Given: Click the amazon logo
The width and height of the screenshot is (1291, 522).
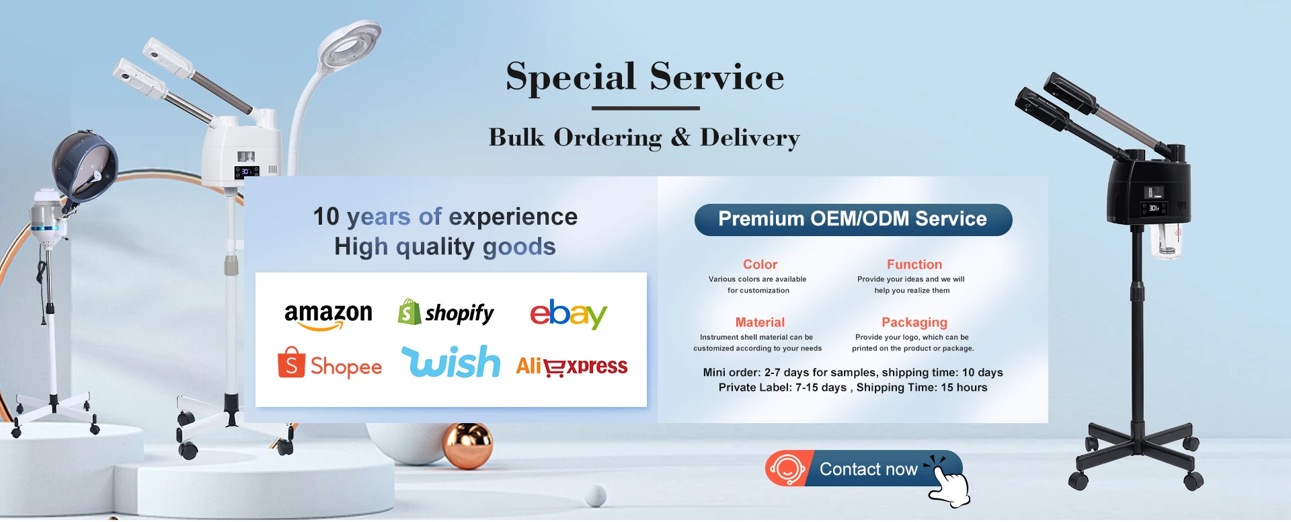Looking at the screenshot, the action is pyautogui.click(x=328, y=315).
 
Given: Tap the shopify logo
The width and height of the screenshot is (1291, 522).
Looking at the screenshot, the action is pyautogui.click(x=446, y=312).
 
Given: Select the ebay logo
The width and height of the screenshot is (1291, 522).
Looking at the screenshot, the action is pyautogui.click(x=568, y=313).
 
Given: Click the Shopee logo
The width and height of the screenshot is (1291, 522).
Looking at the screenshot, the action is pyautogui.click(x=329, y=363).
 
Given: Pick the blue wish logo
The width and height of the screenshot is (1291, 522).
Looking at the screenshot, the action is pyautogui.click(x=451, y=361).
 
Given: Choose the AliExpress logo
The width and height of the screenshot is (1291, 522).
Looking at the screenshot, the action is pyautogui.click(x=572, y=366).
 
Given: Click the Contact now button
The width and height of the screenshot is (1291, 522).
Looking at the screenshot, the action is pyautogui.click(x=864, y=468).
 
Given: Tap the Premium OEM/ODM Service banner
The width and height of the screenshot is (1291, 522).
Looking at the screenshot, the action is pyautogui.click(x=853, y=219).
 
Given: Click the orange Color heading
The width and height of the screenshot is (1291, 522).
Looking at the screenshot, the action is pyautogui.click(x=760, y=264).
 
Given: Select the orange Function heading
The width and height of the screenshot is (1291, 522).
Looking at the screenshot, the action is pyautogui.click(x=914, y=264).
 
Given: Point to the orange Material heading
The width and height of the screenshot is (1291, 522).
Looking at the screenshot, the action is pyautogui.click(x=760, y=322).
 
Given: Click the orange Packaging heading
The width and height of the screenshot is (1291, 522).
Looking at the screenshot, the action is pyautogui.click(x=914, y=323).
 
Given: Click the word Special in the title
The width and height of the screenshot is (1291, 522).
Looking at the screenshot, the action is pyautogui.click(x=570, y=77).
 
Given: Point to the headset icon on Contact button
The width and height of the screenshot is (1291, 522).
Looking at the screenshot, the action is pyautogui.click(x=787, y=468).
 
